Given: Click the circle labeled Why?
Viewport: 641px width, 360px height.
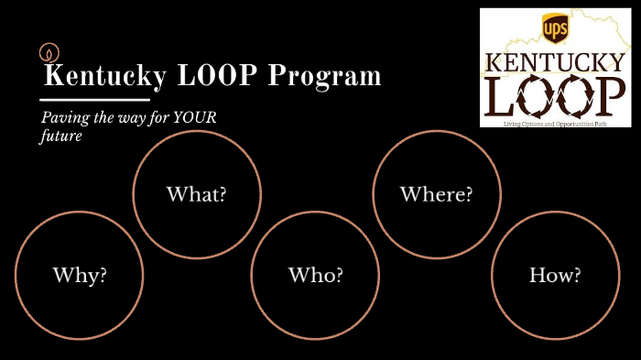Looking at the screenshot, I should coord(80,275).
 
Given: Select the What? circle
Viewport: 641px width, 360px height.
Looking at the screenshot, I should coord(196,194).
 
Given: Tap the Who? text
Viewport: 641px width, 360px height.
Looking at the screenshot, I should coord(316,275).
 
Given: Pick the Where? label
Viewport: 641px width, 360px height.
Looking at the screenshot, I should coord(436,194).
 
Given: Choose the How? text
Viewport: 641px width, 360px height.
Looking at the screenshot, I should coord(555,275).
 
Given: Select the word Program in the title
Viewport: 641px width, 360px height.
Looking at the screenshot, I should coord(324,76).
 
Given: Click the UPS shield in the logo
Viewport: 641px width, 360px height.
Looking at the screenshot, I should coord(555,28).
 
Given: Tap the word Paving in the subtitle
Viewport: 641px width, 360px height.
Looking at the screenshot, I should coord(63,118).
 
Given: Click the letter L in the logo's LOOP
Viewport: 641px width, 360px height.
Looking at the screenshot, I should coord(503,95).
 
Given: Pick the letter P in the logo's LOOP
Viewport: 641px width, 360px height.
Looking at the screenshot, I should coord(609,95).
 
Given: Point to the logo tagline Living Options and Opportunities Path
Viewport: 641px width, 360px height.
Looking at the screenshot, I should coord(555,122).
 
